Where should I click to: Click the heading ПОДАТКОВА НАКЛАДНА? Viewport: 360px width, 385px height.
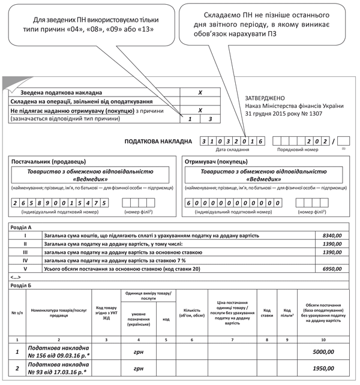click(x=159, y=142)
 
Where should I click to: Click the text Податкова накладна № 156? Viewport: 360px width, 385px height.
click(x=58, y=352)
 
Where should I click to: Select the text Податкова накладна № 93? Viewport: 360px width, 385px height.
click(x=58, y=369)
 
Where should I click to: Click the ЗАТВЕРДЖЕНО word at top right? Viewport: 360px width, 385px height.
click(x=265, y=98)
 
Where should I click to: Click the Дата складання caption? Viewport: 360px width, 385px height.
click(x=233, y=149)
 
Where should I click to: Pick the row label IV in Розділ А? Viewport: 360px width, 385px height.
click(x=25, y=261)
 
